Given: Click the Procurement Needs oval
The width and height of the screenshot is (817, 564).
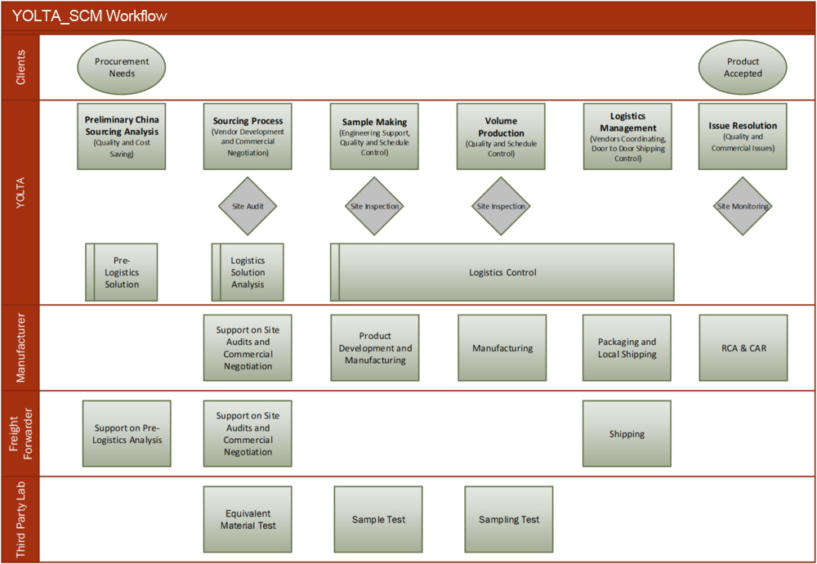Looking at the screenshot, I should click(122, 67).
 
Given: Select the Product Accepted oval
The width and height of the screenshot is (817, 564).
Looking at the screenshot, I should click(743, 67).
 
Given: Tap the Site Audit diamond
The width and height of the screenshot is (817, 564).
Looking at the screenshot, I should click(248, 206).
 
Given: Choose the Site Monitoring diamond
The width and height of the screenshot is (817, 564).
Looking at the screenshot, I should click(743, 206).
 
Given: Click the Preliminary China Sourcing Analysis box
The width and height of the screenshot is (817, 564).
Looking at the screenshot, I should click(122, 137).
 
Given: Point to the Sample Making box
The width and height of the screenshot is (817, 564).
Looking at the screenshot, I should click(374, 137).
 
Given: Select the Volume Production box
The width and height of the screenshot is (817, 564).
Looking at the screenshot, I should click(501, 137).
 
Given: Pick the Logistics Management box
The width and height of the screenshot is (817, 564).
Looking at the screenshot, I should click(627, 137).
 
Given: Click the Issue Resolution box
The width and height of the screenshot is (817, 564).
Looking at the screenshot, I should click(743, 137).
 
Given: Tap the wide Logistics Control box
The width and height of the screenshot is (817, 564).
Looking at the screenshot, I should click(502, 272).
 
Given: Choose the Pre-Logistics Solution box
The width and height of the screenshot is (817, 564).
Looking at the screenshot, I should click(122, 272).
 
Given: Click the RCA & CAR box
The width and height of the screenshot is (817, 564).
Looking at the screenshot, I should click(743, 348).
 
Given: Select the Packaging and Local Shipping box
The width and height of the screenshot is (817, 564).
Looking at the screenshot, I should click(627, 348).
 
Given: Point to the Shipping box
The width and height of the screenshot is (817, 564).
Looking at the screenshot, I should click(627, 434).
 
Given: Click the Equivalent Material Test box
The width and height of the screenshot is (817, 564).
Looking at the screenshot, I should click(248, 519).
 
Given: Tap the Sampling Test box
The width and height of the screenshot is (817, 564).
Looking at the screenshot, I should click(509, 519).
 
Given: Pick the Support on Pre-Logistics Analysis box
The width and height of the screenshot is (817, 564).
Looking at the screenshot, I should click(127, 434).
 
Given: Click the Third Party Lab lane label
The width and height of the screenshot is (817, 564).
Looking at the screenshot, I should click(20, 519).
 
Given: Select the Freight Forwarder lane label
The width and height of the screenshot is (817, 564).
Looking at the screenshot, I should click(20, 434).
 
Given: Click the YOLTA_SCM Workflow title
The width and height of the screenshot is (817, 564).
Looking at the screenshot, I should click(90, 16).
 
